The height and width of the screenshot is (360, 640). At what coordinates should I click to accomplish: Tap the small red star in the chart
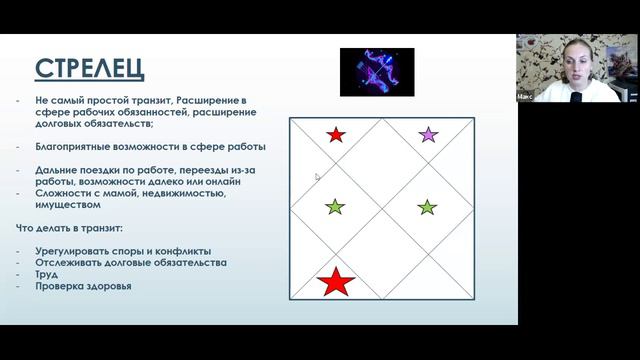(336, 134)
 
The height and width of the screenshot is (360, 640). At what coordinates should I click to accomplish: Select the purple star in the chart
(428, 134)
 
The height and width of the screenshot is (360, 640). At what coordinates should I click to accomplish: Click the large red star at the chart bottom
(336, 282)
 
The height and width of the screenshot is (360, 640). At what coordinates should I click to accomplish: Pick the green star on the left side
(335, 207)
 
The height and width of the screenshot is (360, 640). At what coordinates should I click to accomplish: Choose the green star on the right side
(427, 207)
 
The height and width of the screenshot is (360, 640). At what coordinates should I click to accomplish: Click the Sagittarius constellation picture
(377, 72)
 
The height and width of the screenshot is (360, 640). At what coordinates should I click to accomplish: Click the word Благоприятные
(70, 146)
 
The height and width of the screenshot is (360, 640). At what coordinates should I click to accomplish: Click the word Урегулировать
(72, 251)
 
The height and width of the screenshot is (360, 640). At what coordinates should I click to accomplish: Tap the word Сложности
(62, 193)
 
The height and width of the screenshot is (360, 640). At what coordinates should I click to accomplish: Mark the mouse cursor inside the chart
(316, 177)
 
